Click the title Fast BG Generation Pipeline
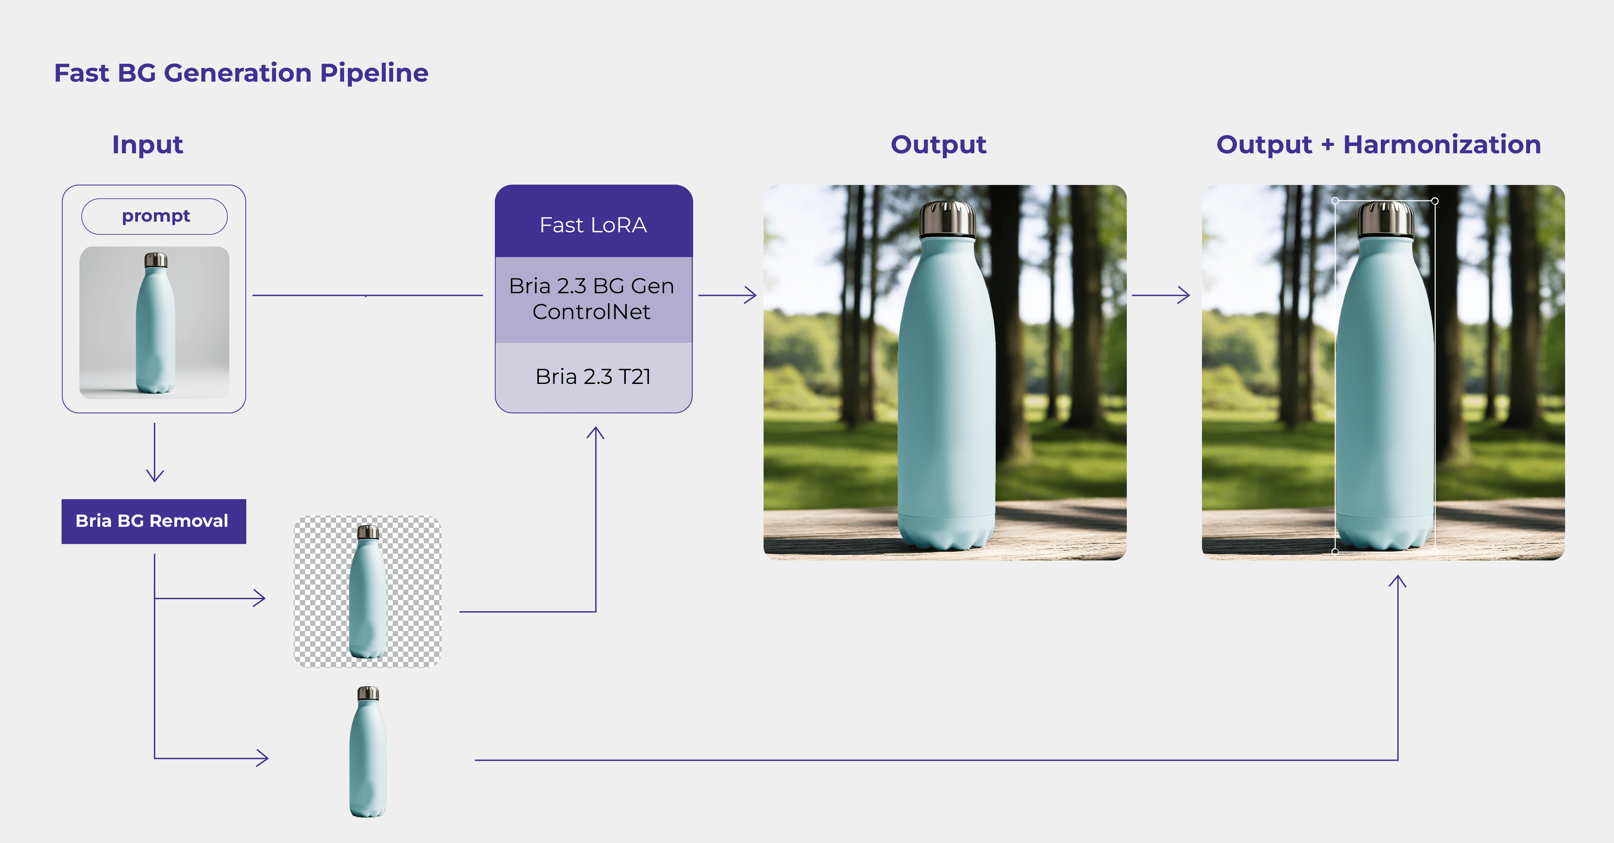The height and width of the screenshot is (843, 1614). [241, 73]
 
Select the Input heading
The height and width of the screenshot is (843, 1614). [147, 144]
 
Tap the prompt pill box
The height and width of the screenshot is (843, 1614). [155, 216]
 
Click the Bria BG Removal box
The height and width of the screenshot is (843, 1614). [153, 521]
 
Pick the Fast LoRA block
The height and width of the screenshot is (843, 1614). [593, 224]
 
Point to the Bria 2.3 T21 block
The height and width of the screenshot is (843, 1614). [593, 376]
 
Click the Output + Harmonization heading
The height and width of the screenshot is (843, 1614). [1379, 144]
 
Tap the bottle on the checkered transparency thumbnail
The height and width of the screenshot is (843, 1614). [368, 595]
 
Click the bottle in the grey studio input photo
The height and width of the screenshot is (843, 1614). [156, 326]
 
